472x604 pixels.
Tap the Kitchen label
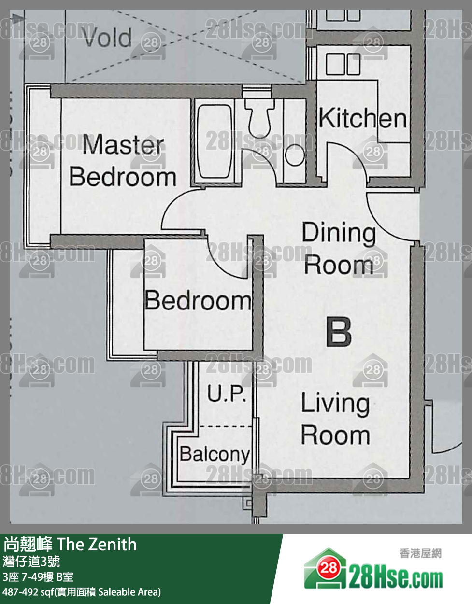point(362,118)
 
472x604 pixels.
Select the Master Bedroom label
point(123,160)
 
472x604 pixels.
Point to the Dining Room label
point(339,248)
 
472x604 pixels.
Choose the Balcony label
point(215,454)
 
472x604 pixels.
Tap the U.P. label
point(227,393)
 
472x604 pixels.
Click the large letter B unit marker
point(339,332)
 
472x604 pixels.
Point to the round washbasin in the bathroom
point(295,155)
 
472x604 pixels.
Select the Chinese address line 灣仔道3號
point(31,562)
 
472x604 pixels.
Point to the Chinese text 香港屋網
point(420,554)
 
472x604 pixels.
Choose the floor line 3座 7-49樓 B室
point(38,577)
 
